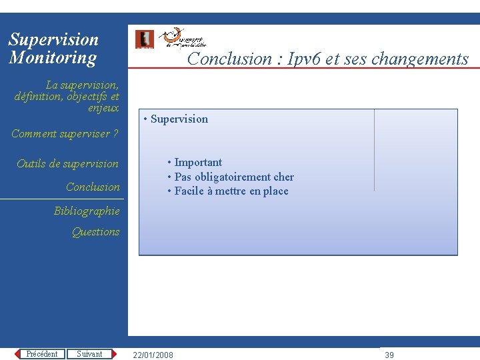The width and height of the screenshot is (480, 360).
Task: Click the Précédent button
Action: [41, 354]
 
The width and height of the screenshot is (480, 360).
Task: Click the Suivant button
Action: [89, 354]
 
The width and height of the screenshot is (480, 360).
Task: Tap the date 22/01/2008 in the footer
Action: [153, 355]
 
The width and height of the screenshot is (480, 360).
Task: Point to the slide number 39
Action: [389, 355]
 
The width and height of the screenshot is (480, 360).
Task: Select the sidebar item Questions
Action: [96, 232]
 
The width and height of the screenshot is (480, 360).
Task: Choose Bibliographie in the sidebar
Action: [87, 211]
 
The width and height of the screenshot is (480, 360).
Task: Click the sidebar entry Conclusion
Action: [93, 187]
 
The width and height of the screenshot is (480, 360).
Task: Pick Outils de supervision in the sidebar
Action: [67, 164]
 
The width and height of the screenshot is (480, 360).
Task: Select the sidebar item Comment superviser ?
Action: [65, 134]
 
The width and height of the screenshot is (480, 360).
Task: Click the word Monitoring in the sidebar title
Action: [53, 58]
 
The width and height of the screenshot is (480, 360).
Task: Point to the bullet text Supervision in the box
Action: [179, 119]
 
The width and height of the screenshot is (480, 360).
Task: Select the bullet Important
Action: [198, 163]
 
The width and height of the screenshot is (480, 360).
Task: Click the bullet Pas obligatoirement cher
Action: [233, 177]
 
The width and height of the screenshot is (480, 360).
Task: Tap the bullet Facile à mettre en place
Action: [231, 191]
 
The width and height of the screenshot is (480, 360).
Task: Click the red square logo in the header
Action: [144, 39]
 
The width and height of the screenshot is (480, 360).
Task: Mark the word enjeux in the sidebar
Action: [103, 108]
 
